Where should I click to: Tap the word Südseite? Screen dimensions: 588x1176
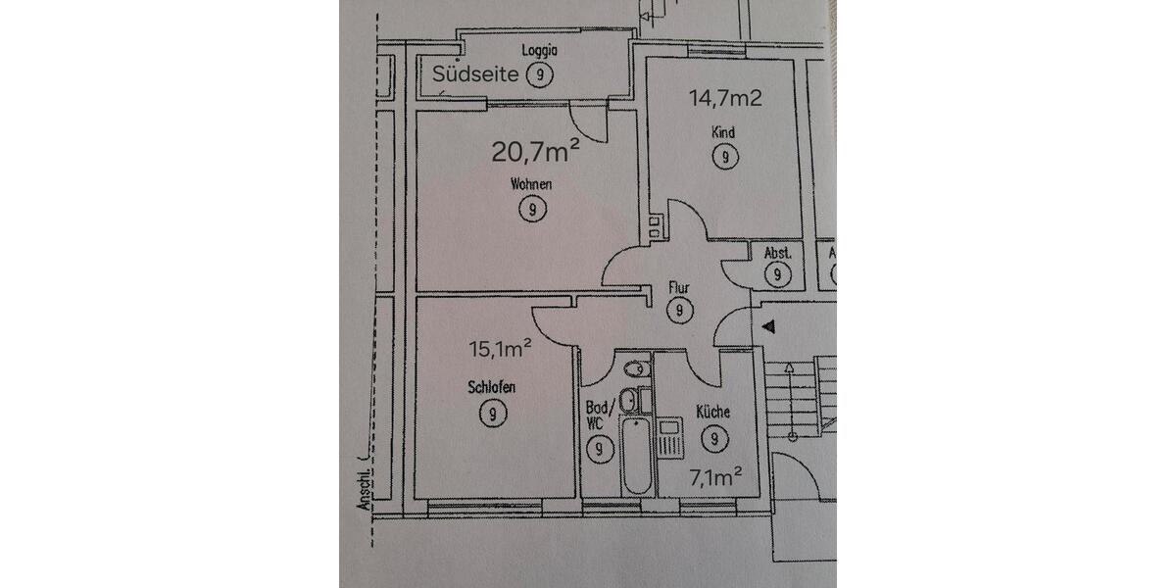point(474,73)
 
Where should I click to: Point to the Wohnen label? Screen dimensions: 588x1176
point(531,184)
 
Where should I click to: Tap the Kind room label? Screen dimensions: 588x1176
point(724,132)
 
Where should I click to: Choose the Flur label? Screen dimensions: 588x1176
point(678,289)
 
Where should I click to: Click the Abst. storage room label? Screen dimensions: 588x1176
point(777,253)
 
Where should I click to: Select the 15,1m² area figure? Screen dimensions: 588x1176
point(501,346)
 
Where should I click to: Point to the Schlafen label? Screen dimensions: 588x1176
point(493,388)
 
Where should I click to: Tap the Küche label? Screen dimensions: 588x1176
point(713,413)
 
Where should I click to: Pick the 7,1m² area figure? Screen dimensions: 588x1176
point(713,477)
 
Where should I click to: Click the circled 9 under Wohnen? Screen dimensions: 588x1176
point(531,209)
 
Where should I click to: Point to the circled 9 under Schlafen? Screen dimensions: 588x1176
point(493,414)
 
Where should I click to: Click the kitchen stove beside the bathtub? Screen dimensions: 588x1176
point(669,437)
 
